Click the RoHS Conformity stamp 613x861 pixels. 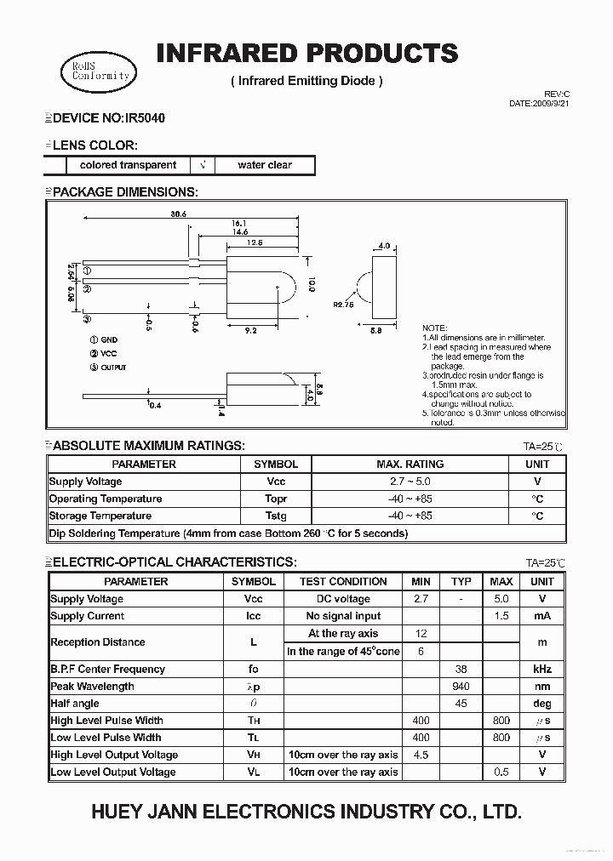coord(100,70)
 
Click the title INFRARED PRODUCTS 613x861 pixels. coord(306,53)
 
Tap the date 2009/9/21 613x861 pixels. coord(548,103)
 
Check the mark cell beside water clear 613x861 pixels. coord(202,165)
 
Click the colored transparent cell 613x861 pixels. coord(128,165)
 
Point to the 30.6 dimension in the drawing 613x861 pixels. coord(178,214)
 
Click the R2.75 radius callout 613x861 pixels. coord(343,304)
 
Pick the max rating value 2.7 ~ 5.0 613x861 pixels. coord(410,482)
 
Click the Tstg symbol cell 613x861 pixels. coord(276,516)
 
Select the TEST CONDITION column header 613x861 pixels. coord(343,581)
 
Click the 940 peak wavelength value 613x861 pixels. coord(461,686)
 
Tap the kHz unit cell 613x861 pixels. coord(542,669)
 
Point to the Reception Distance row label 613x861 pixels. coord(98,642)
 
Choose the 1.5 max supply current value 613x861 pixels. coord(501,616)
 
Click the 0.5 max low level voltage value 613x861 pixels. coord(501,772)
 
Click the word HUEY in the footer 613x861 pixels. coord(115,813)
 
